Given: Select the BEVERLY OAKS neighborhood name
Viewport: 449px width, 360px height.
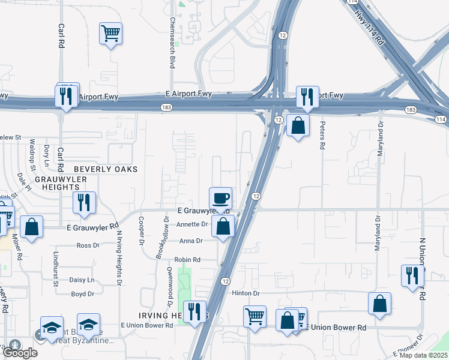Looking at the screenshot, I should tap(106, 169).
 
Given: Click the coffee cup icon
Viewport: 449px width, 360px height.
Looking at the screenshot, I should tap(220, 197).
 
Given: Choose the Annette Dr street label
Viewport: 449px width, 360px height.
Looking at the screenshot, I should tap(192, 224).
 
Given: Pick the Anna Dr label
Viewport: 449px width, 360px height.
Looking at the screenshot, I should tap(191, 241).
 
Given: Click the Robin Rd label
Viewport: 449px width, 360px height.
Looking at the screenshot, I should tap(187, 260).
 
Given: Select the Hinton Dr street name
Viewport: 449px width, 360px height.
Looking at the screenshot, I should tap(246, 293).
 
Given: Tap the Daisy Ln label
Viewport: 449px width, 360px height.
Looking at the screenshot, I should tap(82, 280).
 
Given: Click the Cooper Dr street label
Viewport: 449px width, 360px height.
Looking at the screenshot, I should tap(142, 230).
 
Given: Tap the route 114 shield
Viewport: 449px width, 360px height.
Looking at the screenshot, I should tap(442, 119).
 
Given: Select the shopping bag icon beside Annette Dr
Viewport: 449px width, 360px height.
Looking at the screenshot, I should tap(223, 227).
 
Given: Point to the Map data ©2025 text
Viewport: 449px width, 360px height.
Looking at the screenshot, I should tap(424, 355).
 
